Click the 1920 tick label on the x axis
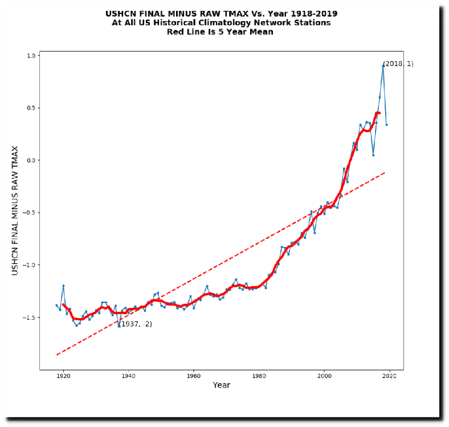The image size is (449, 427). [63, 376]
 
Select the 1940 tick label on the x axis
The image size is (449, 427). [129, 376]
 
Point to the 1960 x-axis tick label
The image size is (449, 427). [194, 376]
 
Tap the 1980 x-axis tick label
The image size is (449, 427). [259, 376]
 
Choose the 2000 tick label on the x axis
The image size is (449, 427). [324, 376]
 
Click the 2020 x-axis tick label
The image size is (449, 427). [390, 376]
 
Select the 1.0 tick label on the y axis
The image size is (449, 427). [30, 55]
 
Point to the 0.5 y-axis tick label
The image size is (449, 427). [30, 108]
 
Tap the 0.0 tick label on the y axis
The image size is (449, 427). [30, 160]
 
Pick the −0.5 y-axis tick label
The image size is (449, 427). [28, 213]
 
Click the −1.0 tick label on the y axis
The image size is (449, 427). [28, 265]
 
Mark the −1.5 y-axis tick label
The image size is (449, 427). [28, 318]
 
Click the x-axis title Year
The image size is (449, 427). [222, 385]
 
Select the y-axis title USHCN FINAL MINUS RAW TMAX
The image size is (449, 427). [15, 211]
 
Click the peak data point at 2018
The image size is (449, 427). [383, 66]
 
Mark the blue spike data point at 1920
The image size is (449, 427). [63, 285]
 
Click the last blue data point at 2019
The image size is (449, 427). [386, 125]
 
